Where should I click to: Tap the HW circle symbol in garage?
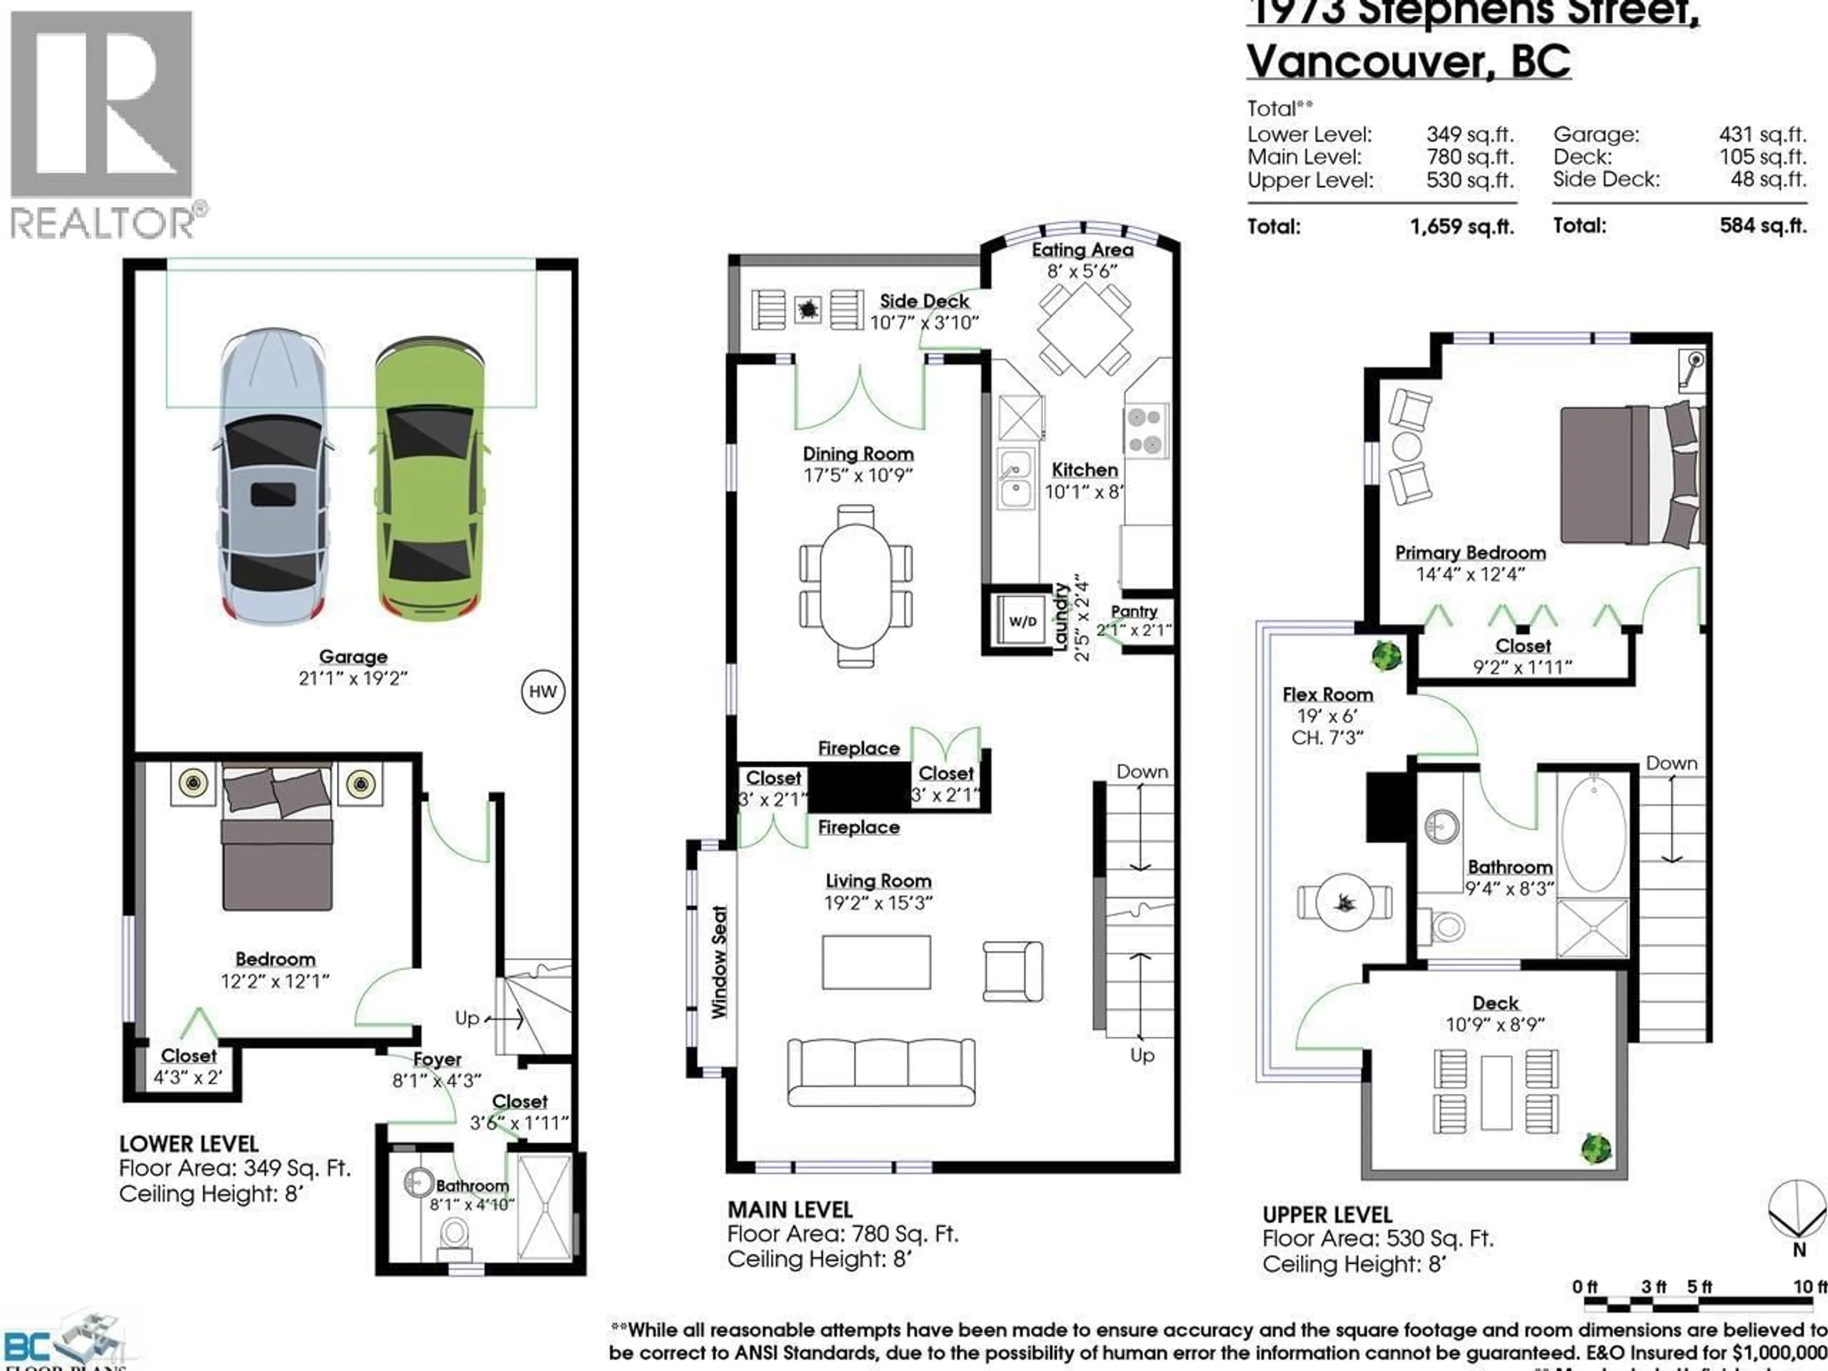[x=543, y=692]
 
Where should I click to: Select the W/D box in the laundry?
[x=1022, y=621]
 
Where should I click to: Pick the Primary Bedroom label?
[x=1470, y=553]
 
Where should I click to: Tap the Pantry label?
[x=1134, y=612]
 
